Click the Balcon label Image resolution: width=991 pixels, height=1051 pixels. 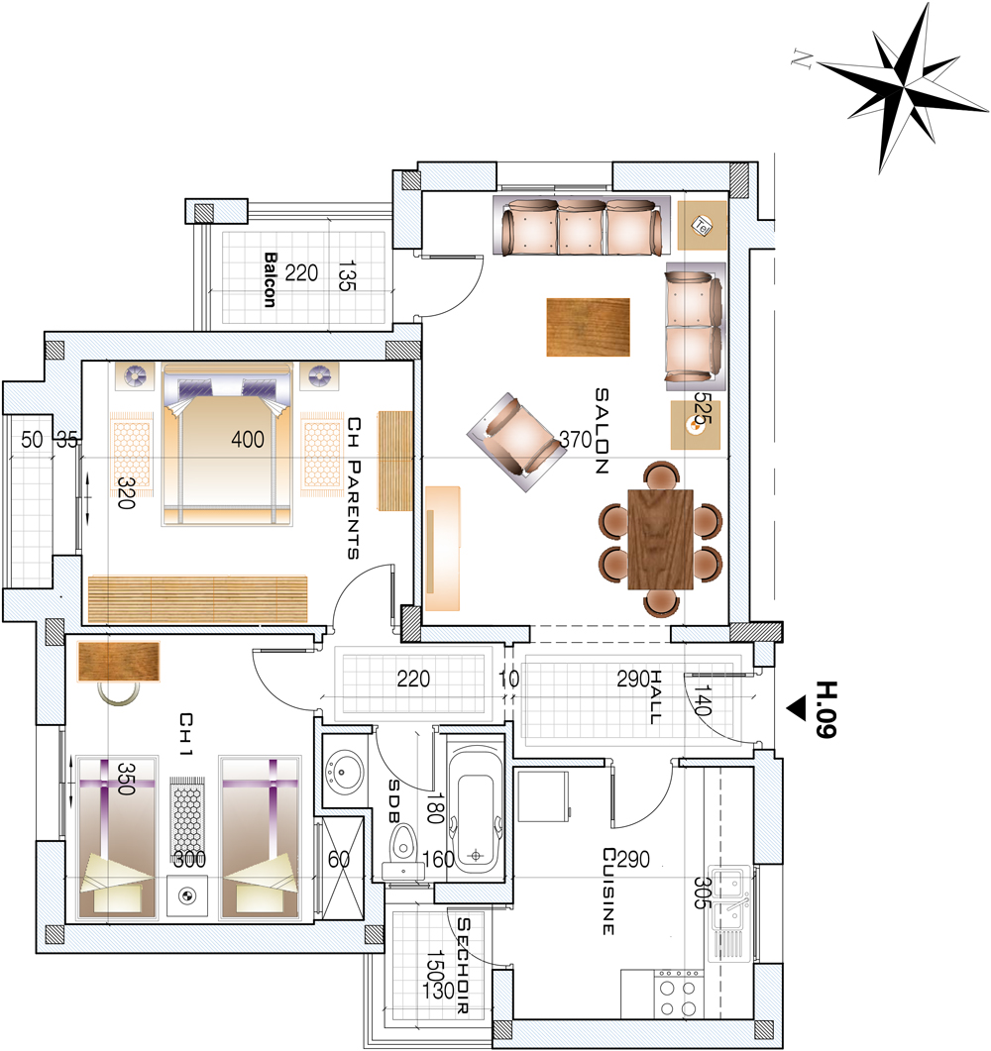(270, 279)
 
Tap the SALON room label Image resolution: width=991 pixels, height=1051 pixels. (602, 431)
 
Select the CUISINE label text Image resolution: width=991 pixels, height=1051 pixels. (608, 891)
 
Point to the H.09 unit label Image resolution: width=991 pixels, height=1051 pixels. (826, 709)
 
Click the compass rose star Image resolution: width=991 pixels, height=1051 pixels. (903, 87)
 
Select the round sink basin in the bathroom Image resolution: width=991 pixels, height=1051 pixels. (345, 772)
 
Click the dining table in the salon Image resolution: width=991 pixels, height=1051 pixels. (660, 539)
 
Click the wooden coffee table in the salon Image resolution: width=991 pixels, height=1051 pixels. (588, 327)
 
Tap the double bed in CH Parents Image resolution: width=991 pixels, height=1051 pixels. (228, 445)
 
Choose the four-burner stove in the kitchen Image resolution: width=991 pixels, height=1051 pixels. (678, 994)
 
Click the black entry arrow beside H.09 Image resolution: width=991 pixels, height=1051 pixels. (797, 708)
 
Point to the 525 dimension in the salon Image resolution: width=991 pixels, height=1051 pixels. (702, 408)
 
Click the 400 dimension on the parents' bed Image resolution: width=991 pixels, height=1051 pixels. (248, 440)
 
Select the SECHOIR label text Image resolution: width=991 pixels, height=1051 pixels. (464, 965)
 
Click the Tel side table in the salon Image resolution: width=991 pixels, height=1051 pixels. (702, 226)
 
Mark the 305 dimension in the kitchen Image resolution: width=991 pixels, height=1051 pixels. (701, 893)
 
